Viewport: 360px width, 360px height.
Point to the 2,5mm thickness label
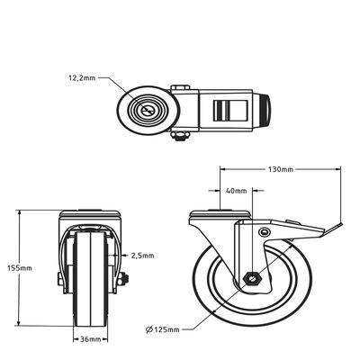point(142,254)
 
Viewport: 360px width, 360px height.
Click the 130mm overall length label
point(282,168)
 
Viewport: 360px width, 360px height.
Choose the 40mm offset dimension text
point(235,190)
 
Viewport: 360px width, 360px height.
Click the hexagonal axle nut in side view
point(253,278)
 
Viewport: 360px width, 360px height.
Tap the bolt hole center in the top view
point(147,109)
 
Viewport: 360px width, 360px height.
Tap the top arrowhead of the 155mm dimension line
point(21,211)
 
